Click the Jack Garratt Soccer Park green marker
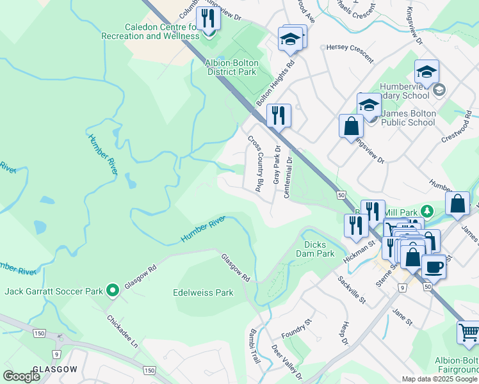[113, 291]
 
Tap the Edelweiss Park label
[203, 292]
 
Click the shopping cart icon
[469, 333]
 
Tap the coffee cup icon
[434, 265]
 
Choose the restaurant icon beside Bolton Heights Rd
[279, 115]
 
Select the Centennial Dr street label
[289, 177]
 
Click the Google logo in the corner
[21, 376]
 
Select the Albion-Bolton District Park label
[231, 67]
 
